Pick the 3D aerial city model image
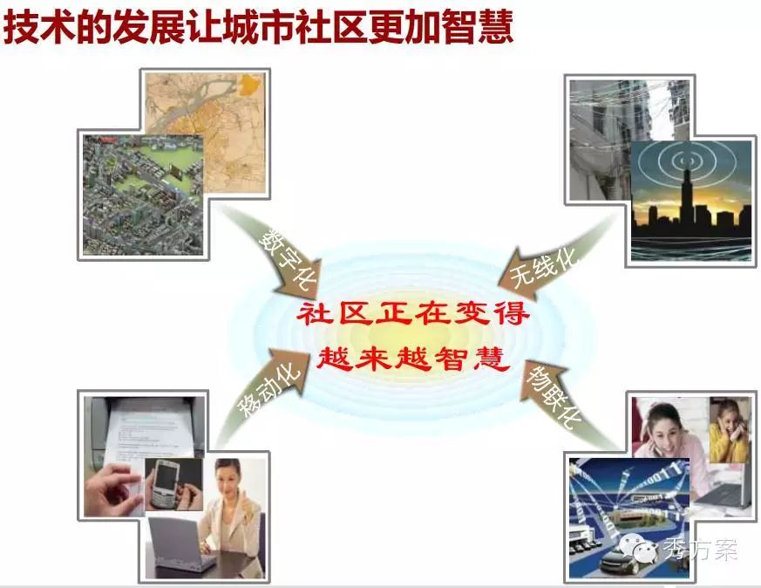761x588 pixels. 144,195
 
